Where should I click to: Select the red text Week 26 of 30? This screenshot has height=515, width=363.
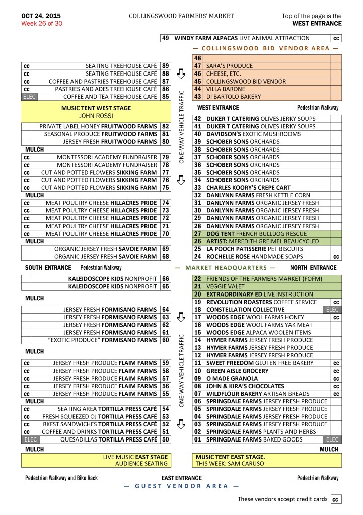(42, 23)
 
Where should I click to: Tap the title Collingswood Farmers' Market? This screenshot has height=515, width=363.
(181, 16)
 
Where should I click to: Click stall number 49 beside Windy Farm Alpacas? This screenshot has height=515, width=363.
(165, 38)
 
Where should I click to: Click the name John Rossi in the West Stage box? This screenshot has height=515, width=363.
(96, 116)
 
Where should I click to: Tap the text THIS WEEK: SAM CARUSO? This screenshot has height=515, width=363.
(230, 463)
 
